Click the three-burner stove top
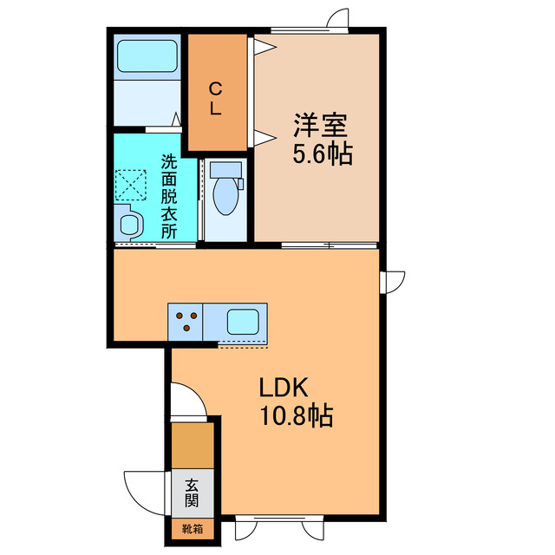click(x=185, y=322)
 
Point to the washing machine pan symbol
click(x=131, y=185)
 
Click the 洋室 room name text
click(x=319, y=127)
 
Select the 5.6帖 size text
click(x=321, y=155)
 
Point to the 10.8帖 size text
click(x=295, y=416)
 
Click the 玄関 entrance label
click(x=192, y=493)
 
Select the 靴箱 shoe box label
click(x=191, y=526)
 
